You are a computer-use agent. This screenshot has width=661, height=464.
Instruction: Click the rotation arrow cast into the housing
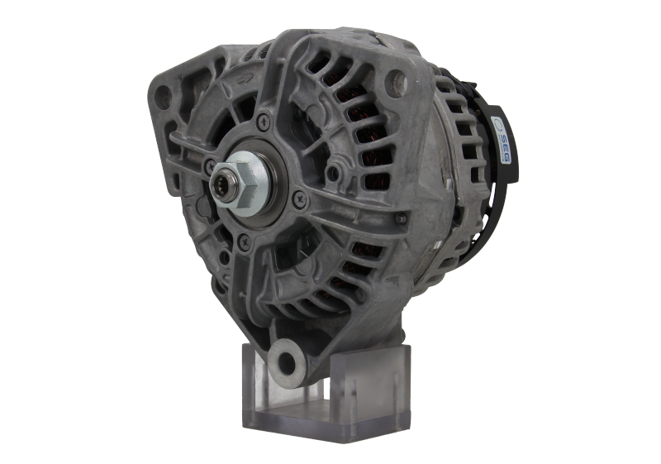245,79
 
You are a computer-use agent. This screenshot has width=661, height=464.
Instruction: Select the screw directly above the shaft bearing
264,122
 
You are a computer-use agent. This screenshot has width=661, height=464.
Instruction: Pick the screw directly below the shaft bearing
244,242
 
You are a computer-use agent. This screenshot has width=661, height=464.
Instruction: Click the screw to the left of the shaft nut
209,165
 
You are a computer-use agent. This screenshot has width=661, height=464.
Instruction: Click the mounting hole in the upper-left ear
163,98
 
